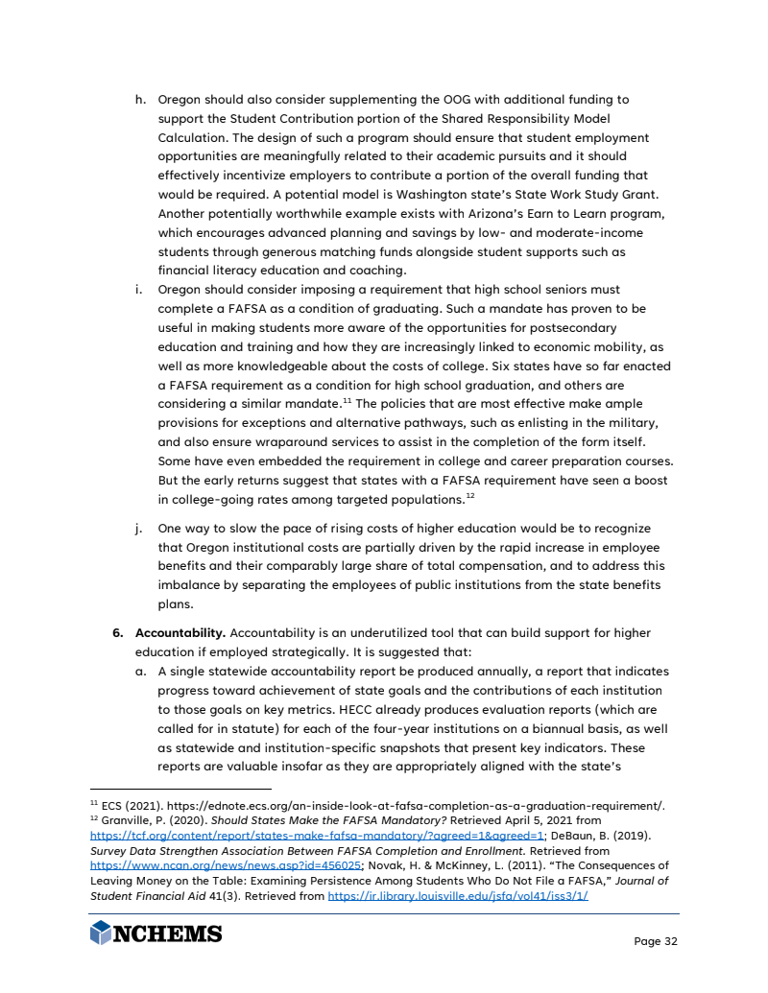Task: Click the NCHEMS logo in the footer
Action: (x=156, y=933)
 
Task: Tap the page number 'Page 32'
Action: (x=656, y=941)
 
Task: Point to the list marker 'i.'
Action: (x=141, y=290)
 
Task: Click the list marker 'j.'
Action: (x=141, y=529)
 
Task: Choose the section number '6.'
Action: (x=118, y=633)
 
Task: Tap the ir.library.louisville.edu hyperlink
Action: (x=458, y=895)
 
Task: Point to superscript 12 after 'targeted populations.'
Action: (x=470, y=496)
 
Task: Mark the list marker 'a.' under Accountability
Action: (x=141, y=672)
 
